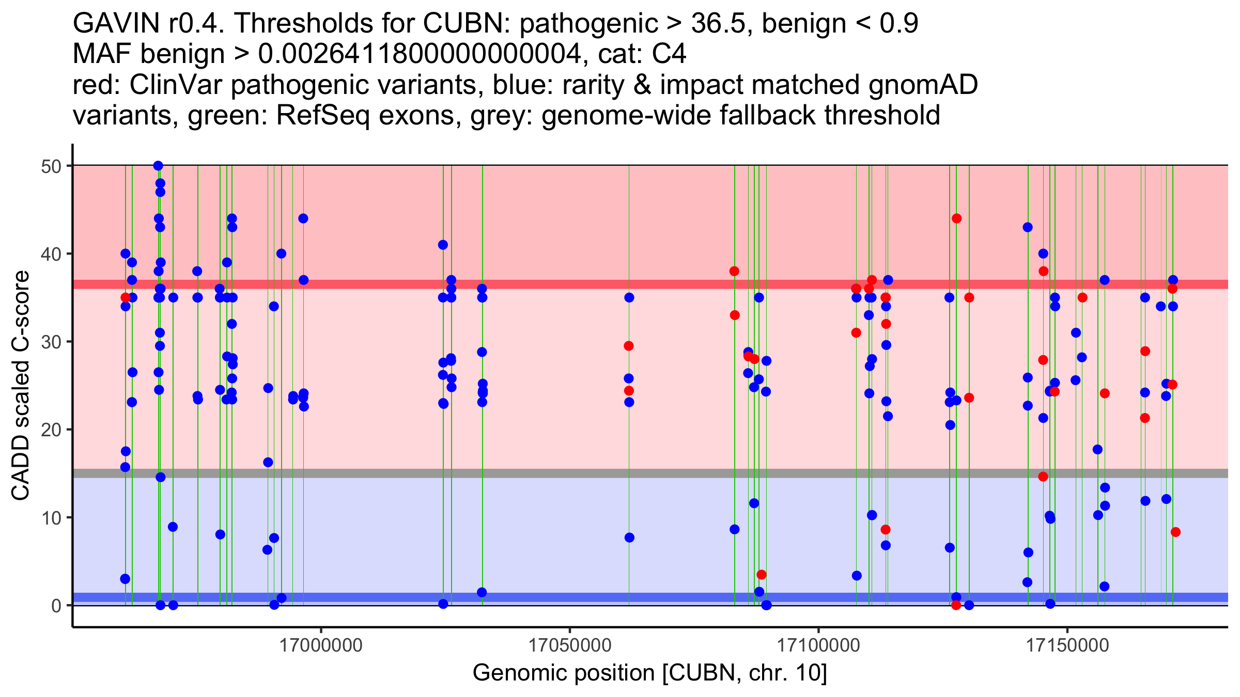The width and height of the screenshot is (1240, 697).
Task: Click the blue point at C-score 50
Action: (x=158, y=166)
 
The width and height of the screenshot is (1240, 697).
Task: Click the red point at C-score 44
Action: (x=956, y=218)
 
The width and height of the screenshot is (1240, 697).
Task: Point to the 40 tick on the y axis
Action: (x=69, y=254)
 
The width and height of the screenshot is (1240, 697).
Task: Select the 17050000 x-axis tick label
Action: (x=570, y=645)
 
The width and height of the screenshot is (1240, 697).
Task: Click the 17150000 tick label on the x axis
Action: (x=1067, y=645)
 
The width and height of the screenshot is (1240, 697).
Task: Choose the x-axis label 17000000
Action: (x=321, y=645)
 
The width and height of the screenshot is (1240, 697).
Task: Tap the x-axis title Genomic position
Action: (x=649, y=673)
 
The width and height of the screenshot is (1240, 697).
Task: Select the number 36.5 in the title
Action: (x=722, y=23)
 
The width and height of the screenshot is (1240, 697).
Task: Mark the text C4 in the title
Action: (x=669, y=54)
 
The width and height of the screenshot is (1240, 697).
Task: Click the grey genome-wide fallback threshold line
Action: (x=517, y=473)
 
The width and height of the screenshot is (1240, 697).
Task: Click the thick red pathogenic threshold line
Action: (x=517, y=284)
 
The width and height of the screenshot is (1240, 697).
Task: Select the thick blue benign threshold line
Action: (x=517, y=597)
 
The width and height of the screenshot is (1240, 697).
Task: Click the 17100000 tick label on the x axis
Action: (x=818, y=645)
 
